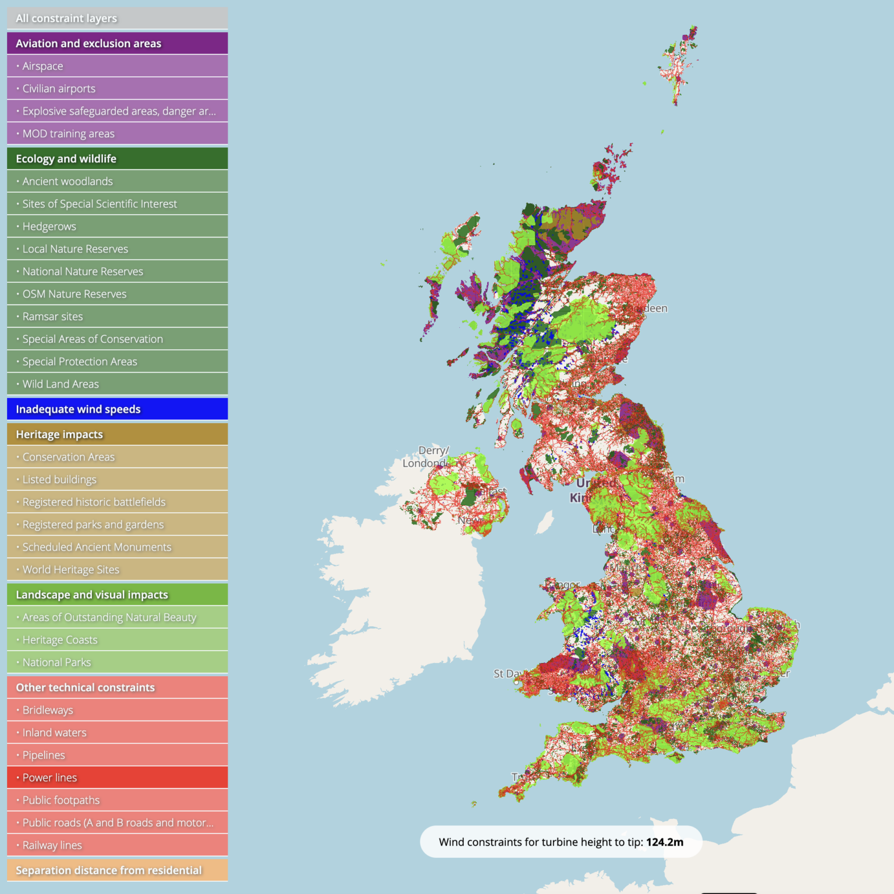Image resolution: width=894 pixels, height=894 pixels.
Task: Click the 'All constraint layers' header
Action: pos(117,18)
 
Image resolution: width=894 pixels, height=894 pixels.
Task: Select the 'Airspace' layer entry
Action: pos(117,66)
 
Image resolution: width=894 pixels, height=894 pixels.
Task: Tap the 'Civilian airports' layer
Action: pos(117,88)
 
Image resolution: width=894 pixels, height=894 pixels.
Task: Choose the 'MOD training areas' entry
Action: pos(117,133)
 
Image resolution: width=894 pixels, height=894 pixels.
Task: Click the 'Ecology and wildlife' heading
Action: pos(117,158)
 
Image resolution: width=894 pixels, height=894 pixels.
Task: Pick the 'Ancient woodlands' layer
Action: pos(117,181)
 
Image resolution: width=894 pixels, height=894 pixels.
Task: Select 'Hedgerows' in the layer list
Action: pos(117,226)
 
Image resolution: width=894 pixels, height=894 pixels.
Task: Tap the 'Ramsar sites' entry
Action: pos(117,317)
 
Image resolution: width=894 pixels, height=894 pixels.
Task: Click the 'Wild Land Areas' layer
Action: pos(117,384)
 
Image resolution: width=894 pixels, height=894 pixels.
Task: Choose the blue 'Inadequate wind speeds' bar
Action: pos(117,409)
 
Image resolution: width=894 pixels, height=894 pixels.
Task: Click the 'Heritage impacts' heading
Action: pos(117,434)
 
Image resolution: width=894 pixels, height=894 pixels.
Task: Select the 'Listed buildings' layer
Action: pos(117,480)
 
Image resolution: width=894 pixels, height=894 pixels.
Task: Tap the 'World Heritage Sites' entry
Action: pos(117,570)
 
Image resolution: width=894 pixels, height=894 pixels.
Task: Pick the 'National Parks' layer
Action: pos(117,662)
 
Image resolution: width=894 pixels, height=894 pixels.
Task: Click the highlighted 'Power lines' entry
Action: pos(117,778)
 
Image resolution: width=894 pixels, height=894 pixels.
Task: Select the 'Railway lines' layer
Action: pos(117,845)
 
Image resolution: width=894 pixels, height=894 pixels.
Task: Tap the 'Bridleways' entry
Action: pos(117,710)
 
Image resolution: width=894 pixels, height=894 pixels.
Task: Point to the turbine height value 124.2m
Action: pos(665,842)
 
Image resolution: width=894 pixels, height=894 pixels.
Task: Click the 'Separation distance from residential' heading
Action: pos(117,870)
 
